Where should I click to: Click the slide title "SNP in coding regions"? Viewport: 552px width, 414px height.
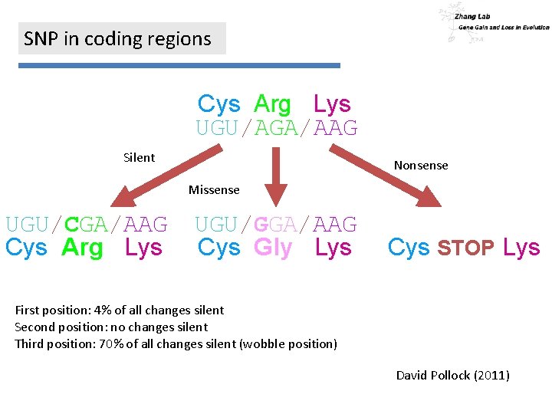point(117,39)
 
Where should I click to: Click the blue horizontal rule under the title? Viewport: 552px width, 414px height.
point(179,66)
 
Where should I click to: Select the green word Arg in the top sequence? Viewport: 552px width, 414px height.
point(272,104)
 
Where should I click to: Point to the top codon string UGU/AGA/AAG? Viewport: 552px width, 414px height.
point(277,128)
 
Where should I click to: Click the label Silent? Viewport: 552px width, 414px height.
point(139,158)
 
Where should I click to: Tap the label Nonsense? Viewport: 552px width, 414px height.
point(421,166)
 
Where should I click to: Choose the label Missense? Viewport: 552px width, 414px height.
point(214,190)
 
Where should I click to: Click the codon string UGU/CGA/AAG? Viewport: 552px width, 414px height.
point(87,225)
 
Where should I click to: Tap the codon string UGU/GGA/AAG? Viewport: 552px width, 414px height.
point(276,225)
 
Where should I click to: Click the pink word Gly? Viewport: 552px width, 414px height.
point(273,248)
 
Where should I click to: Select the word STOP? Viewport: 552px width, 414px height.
point(465,248)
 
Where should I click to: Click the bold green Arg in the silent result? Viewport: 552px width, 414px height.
point(82,248)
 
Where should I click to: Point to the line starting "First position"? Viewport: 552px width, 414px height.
point(120,310)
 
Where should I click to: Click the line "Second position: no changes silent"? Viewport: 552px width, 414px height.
point(111,327)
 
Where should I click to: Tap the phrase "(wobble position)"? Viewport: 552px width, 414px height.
point(288,344)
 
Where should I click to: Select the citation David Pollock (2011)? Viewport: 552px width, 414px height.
point(452,376)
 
